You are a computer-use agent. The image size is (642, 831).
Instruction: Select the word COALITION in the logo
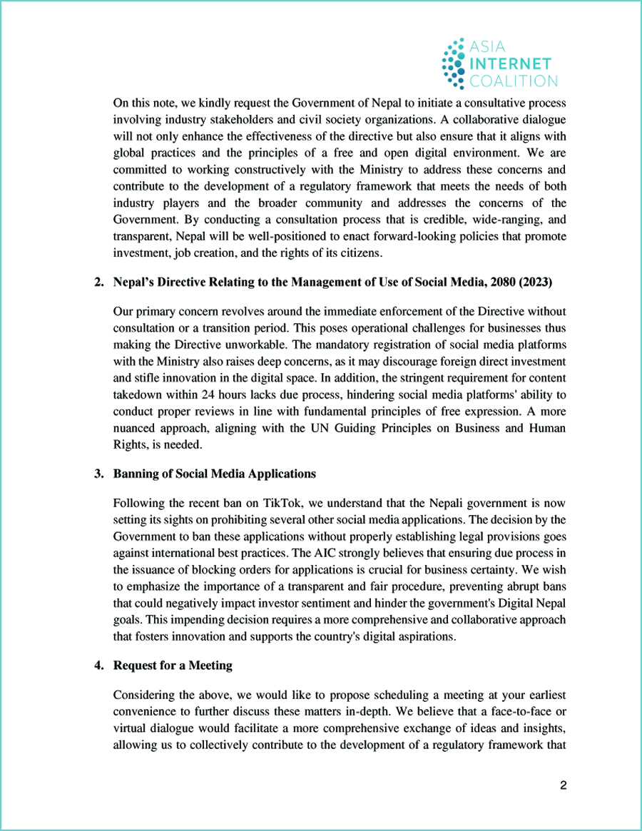tap(513, 81)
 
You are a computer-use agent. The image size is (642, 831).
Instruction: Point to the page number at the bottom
tap(563, 785)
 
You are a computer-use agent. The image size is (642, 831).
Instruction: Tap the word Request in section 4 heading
tap(136, 666)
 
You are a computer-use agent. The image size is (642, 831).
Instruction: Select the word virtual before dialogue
tap(130, 727)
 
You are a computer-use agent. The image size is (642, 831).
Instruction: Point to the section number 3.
tap(98, 474)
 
